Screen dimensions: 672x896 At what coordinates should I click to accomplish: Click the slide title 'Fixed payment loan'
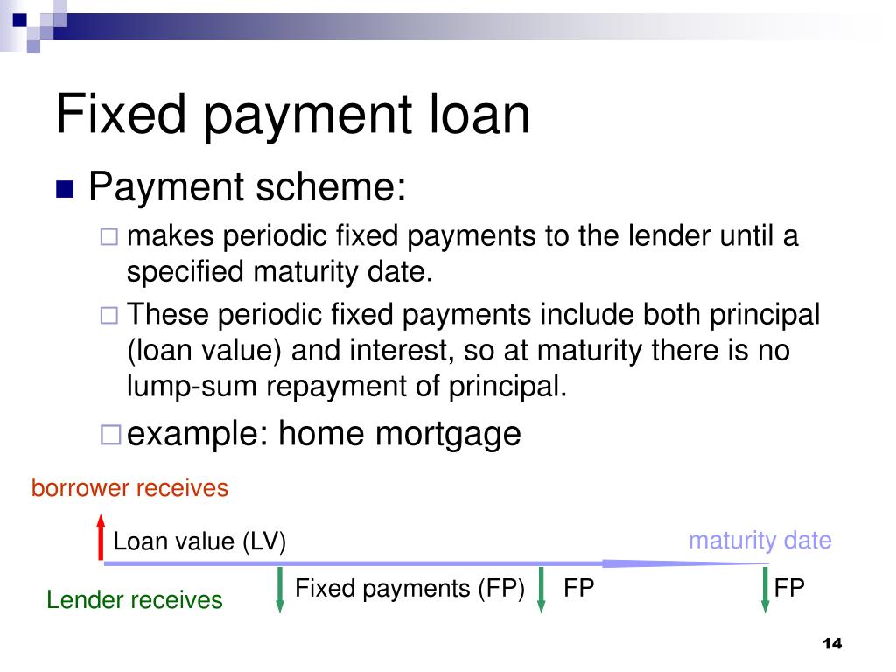click(292, 115)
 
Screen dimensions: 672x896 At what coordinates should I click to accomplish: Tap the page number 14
click(831, 644)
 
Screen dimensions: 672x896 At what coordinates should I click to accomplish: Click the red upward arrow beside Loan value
click(101, 537)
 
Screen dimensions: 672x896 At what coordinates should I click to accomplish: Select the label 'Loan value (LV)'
click(199, 542)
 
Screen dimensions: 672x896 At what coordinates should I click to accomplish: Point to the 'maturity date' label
click(759, 541)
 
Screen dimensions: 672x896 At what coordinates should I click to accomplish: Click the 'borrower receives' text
click(129, 488)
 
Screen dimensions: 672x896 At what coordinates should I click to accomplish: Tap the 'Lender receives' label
click(135, 600)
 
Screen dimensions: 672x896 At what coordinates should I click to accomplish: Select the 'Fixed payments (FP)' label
click(409, 588)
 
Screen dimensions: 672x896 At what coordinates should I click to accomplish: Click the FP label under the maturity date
click(788, 588)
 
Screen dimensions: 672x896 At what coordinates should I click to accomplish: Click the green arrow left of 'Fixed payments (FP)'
click(280, 590)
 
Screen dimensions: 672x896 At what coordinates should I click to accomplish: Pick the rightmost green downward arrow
click(766, 590)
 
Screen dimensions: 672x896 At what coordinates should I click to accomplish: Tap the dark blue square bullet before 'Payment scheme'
click(65, 190)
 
